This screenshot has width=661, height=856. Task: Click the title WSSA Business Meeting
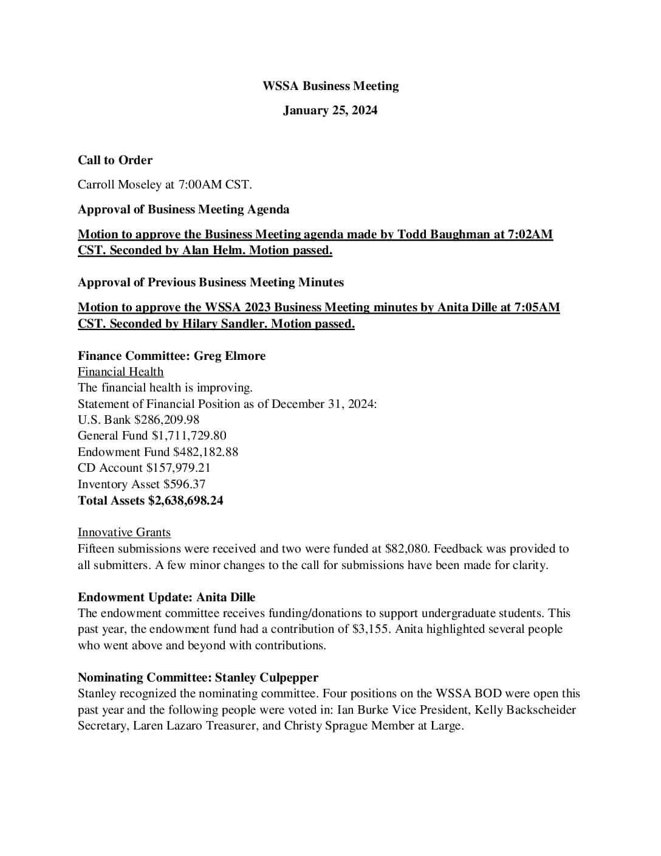coord(330,86)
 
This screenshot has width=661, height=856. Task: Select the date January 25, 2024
coord(330,110)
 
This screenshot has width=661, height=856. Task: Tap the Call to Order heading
coord(115,160)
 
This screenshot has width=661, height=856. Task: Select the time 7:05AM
coord(536,307)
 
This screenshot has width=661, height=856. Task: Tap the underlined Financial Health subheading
coord(120,371)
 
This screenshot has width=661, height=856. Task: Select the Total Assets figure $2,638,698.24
coord(185,500)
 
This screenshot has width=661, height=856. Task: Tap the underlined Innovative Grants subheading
coord(124,532)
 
